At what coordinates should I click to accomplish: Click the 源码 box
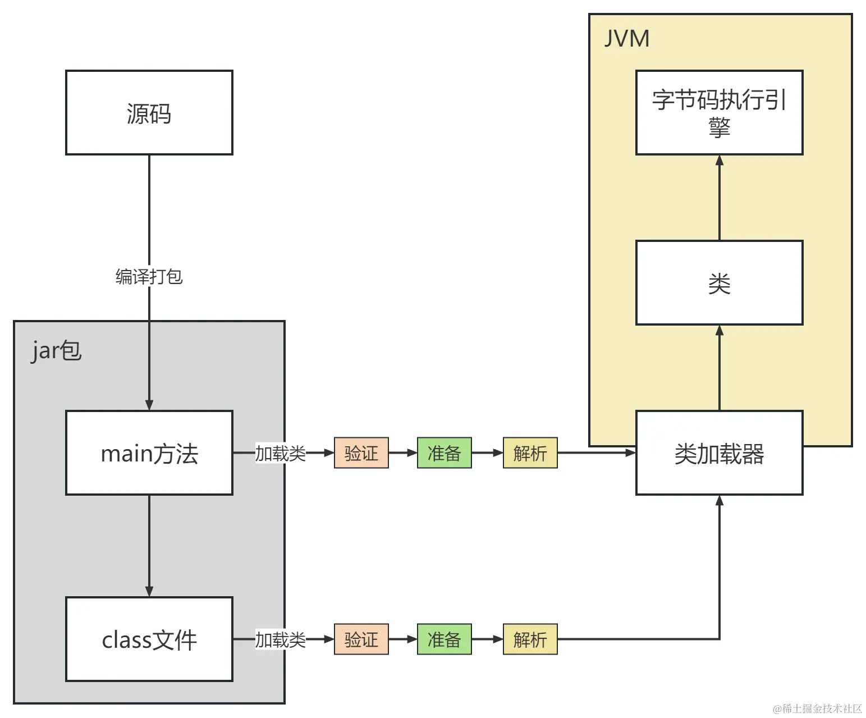coord(149,113)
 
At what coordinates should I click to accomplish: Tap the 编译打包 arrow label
coord(149,276)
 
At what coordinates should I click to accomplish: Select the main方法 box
coord(149,453)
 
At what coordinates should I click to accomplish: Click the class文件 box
coord(149,639)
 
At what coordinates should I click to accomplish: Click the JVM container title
coord(626,39)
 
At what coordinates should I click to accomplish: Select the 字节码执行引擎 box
coord(719,113)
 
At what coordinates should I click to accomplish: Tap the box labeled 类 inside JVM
coord(719,283)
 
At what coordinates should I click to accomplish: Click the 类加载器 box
coord(719,453)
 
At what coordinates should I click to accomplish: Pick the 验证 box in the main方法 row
coord(361,453)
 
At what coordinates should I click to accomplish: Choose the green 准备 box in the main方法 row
coord(444,453)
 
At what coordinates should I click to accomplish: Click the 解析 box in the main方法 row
coord(530,453)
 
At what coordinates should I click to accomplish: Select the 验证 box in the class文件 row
coord(361,639)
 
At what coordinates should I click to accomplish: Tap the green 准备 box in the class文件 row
coord(444,639)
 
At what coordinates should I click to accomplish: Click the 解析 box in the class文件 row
coord(530,639)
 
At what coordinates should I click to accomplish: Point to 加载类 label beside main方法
coord(280,453)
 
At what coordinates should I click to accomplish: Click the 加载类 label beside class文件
coord(280,639)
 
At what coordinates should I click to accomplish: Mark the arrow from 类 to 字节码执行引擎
coord(719,198)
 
